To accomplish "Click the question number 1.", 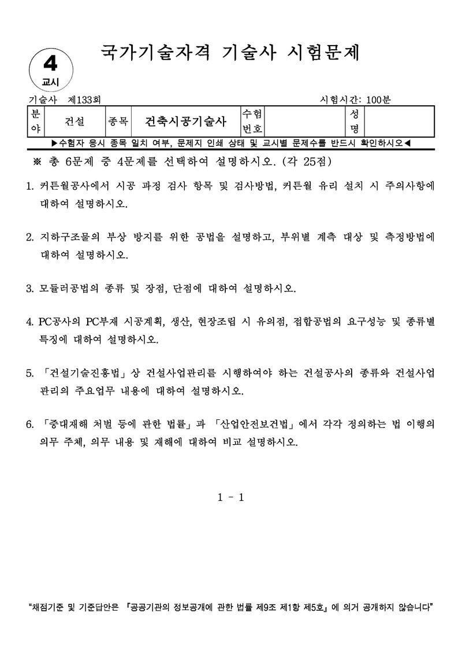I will (30, 187).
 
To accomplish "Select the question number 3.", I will (30, 287).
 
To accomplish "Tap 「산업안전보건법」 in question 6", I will (255, 424).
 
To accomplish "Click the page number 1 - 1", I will (231, 497).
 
